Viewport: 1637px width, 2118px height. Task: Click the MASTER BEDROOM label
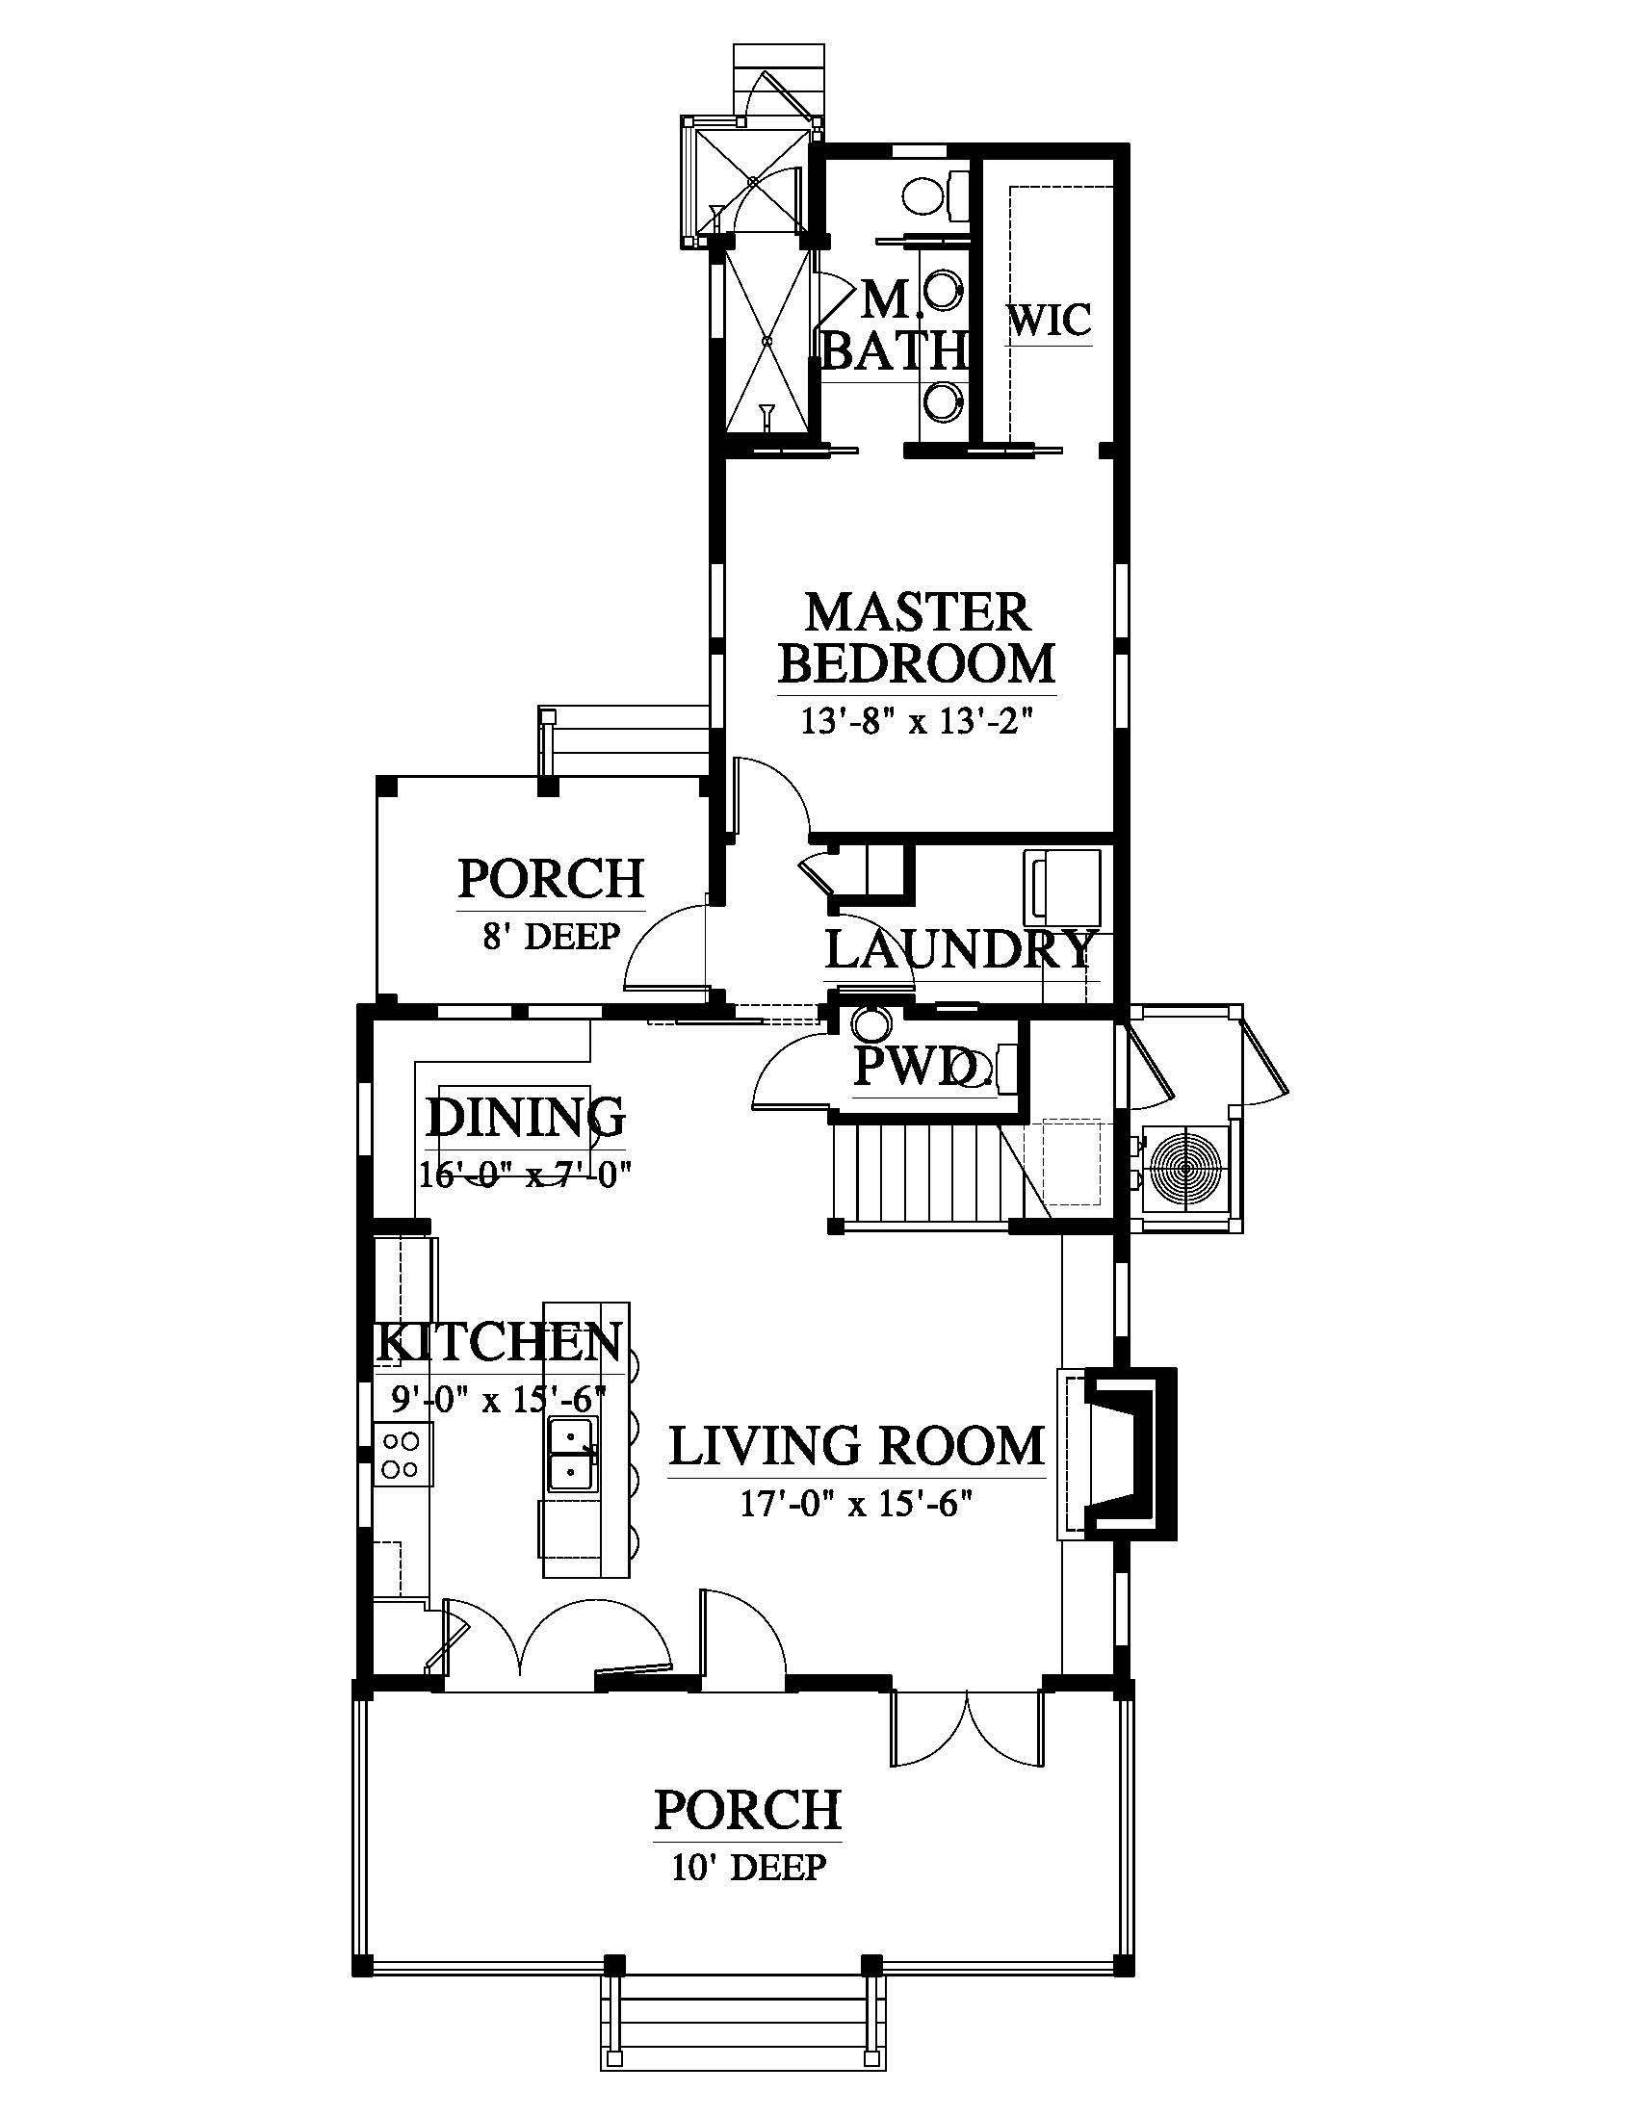pos(917,638)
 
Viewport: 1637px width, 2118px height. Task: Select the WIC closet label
pos(1051,320)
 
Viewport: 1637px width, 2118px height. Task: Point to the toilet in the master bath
pos(935,195)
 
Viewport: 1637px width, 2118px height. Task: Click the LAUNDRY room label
pos(961,949)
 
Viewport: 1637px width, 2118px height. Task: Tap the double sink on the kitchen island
pos(573,1453)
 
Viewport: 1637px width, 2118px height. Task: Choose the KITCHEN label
pos(499,1343)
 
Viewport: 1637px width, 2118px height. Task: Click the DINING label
pos(526,1116)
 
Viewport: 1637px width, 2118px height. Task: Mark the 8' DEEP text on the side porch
pos(551,936)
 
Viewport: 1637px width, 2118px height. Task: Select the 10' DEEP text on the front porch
pos(748,1866)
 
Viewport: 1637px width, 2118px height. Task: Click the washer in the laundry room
pos(1064,887)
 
